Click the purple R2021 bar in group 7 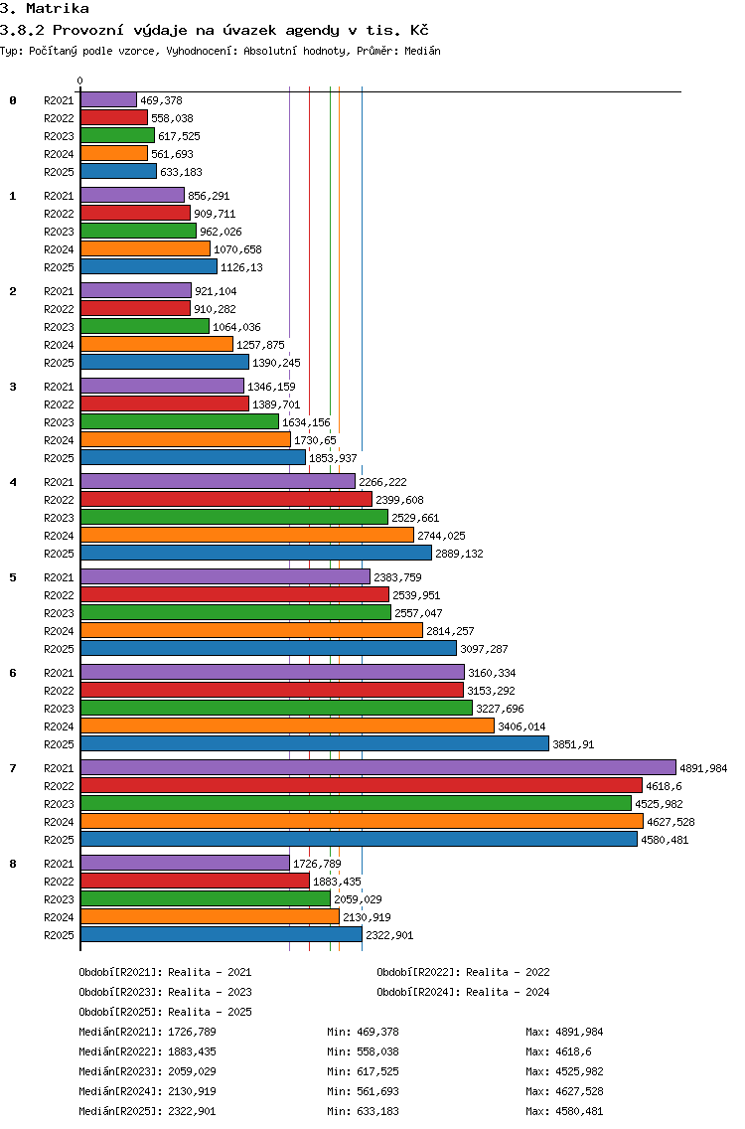378,767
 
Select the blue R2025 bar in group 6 315,743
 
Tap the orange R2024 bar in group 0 113,153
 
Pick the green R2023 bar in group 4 234,517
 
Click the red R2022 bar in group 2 135,308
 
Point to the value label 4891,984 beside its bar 703,768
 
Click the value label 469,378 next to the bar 161,100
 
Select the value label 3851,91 573,744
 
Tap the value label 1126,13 241,267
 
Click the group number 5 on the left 13,577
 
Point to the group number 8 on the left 13,864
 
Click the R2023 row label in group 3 59,422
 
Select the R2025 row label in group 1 59,267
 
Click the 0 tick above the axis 79,81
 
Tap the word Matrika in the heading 58,9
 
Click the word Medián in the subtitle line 422,51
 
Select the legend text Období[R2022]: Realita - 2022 463,972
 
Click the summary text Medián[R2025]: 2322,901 148,1111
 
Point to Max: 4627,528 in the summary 564,1091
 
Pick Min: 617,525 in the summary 363,1071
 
